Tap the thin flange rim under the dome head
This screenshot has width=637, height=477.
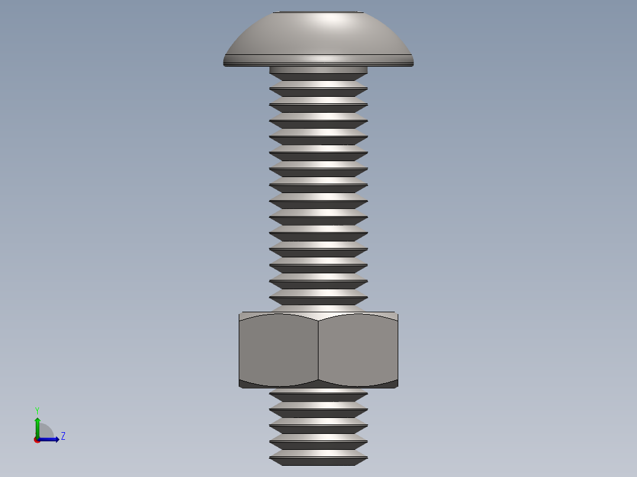point(318,60)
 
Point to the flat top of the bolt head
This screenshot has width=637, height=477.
point(318,12)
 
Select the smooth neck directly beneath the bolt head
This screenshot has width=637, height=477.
point(318,70)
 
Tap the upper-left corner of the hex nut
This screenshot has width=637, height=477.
point(240,314)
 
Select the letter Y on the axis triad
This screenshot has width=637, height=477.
point(37,410)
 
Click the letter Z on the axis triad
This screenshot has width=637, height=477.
point(63,436)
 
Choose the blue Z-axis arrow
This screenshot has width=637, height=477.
point(50,439)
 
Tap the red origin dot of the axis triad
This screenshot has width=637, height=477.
point(37,440)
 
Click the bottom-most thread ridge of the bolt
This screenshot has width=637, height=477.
point(318,458)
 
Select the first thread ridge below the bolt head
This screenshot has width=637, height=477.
point(318,89)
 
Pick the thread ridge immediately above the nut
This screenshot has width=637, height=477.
point(318,300)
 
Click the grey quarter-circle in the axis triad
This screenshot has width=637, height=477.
point(45,431)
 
